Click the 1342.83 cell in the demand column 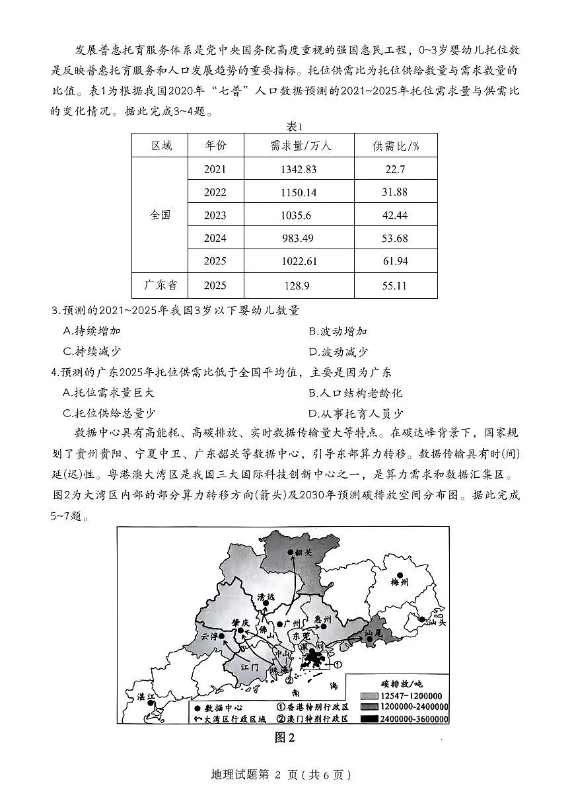tap(299, 169)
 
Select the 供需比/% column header tap(395, 145)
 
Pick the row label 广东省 tap(160, 286)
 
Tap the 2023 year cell tap(215, 215)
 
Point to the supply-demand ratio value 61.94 tap(396, 261)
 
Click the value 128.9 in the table tap(299, 286)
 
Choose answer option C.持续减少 tap(92, 352)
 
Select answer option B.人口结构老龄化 tap(355, 393)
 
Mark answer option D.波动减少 tap(338, 352)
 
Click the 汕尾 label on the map tap(374, 633)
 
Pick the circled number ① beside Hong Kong tap(338, 664)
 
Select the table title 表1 tap(285, 126)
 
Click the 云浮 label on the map tap(209, 637)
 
